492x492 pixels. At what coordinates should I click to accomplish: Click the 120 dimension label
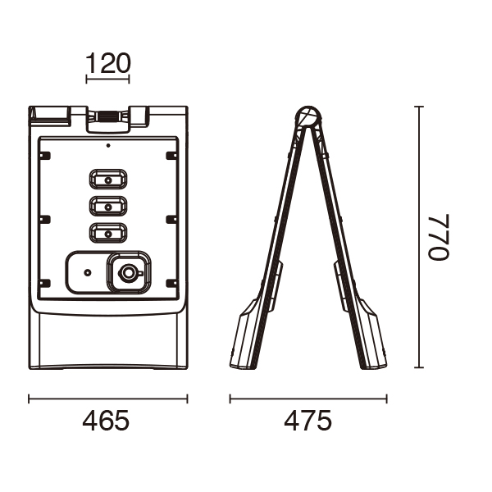pyautogui.click(x=107, y=63)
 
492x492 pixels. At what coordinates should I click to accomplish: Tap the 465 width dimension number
pyautogui.click(x=106, y=421)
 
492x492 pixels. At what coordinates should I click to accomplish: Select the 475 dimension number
pyautogui.click(x=307, y=421)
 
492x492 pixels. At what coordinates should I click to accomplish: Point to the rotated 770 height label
pyautogui.click(x=439, y=237)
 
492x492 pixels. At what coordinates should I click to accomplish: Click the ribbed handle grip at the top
pyautogui.click(x=107, y=116)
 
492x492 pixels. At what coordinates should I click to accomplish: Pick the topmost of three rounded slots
pyautogui.click(x=108, y=179)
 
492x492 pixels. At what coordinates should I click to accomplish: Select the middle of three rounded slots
pyautogui.click(x=108, y=206)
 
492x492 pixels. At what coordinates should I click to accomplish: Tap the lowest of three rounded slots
pyautogui.click(x=108, y=233)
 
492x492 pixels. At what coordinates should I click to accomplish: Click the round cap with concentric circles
pyautogui.click(x=129, y=273)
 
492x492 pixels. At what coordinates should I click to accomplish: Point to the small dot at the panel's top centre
pyautogui.click(x=108, y=146)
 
